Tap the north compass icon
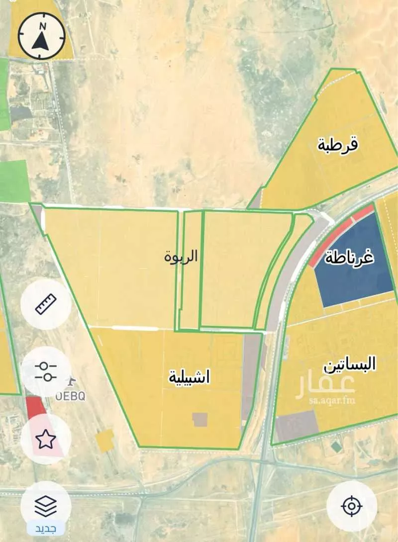41,36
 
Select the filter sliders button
46,371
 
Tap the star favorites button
46,439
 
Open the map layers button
46,506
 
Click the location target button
351,506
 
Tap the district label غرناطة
350,259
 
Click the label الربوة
181,257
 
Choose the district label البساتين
350,365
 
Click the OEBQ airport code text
70,396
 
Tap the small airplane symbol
72,381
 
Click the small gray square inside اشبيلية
200,419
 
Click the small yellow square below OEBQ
104,441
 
